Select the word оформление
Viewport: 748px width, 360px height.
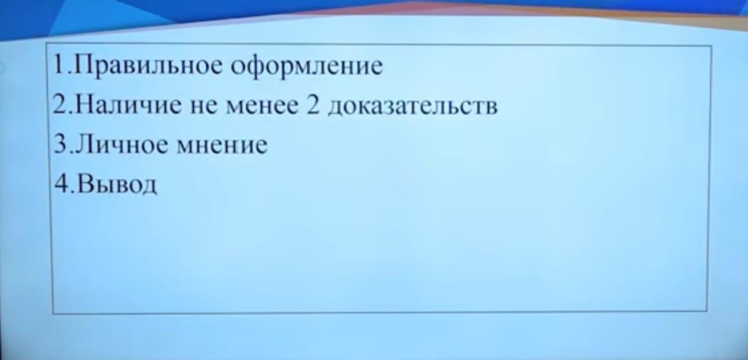[307, 67]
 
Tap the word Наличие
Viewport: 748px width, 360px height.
[129, 105]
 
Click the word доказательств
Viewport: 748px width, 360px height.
[413, 107]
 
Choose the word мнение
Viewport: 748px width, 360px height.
[222, 146]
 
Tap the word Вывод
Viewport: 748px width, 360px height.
[116, 184]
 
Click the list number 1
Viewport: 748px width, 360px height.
[59, 64]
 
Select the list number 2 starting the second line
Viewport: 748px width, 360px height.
[60, 104]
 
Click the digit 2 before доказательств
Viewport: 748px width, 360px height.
[313, 105]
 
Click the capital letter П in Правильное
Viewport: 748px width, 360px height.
[84, 64]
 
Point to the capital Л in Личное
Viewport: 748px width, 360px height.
[85, 144]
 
